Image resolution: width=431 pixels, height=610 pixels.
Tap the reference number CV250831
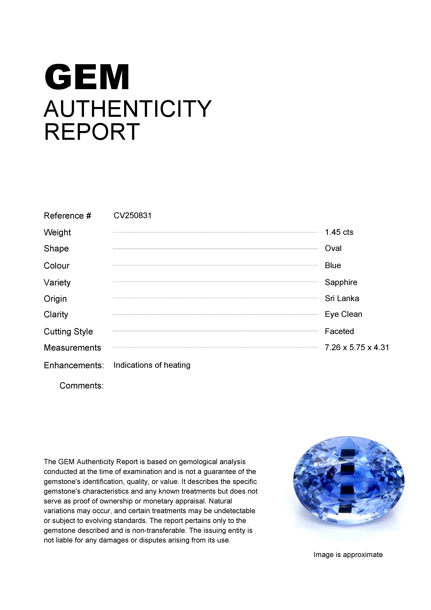[133, 216]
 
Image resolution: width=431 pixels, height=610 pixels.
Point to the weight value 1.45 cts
[339, 232]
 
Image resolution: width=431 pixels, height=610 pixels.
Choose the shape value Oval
[333, 248]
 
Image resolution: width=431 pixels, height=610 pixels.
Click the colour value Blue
[333, 265]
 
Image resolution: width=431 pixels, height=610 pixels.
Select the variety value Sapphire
[341, 282]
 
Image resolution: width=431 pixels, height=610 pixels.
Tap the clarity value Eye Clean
[343, 314]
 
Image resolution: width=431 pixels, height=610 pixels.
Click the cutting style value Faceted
[339, 331]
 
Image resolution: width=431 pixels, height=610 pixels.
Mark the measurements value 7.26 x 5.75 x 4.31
[357, 347]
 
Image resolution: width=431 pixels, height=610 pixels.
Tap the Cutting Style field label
[68, 332]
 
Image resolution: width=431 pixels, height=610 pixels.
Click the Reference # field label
[67, 216]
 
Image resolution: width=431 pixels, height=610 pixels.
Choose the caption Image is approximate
[348, 555]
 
